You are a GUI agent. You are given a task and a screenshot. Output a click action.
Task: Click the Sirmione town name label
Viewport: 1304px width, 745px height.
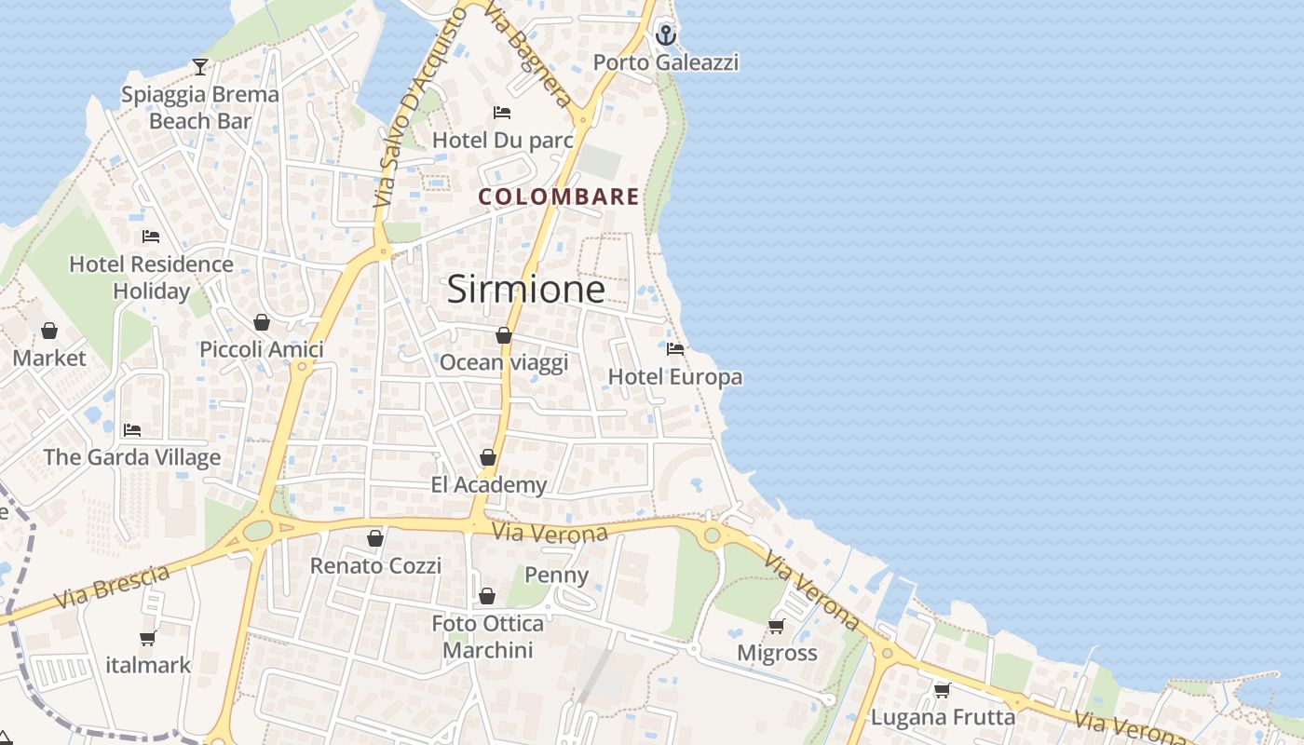coord(526,290)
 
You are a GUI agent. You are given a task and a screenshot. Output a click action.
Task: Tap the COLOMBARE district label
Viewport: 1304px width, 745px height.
coord(559,196)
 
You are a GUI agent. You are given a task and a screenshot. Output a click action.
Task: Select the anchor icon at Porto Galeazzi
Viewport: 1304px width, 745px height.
coord(665,35)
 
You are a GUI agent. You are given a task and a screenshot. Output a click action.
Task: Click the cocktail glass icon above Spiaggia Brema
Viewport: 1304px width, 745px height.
coord(199,66)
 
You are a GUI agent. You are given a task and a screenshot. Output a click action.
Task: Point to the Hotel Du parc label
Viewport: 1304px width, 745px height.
coord(502,141)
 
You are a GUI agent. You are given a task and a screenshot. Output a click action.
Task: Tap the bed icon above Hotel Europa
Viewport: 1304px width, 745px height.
coord(675,349)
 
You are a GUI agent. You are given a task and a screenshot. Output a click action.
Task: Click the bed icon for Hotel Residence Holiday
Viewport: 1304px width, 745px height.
coord(151,237)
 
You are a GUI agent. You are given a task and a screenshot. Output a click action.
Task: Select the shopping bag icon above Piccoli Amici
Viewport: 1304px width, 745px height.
coord(262,322)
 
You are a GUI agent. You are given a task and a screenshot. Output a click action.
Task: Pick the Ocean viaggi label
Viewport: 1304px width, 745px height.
coord(503,362)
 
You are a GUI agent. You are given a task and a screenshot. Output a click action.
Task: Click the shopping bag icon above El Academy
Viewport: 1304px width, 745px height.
coord(488,457)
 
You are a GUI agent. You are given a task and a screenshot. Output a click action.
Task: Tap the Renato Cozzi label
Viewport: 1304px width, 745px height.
coord(375,565)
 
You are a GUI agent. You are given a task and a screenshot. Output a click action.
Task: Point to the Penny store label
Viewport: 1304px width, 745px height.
coord(557,575)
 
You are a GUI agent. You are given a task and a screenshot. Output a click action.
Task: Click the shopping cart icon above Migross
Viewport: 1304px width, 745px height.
coord(776,626)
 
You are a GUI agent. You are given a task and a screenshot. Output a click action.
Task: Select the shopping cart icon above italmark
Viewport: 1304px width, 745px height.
coord(147,638)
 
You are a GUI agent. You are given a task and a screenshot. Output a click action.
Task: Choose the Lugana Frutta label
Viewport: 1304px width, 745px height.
coord(943,717)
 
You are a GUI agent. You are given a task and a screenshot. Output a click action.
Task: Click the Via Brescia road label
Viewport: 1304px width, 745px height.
coord(112,587)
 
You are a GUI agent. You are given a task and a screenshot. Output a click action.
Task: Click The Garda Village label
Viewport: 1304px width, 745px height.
coord(132,457)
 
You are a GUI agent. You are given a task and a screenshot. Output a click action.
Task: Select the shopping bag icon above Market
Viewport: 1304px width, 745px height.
coord(49,331)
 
